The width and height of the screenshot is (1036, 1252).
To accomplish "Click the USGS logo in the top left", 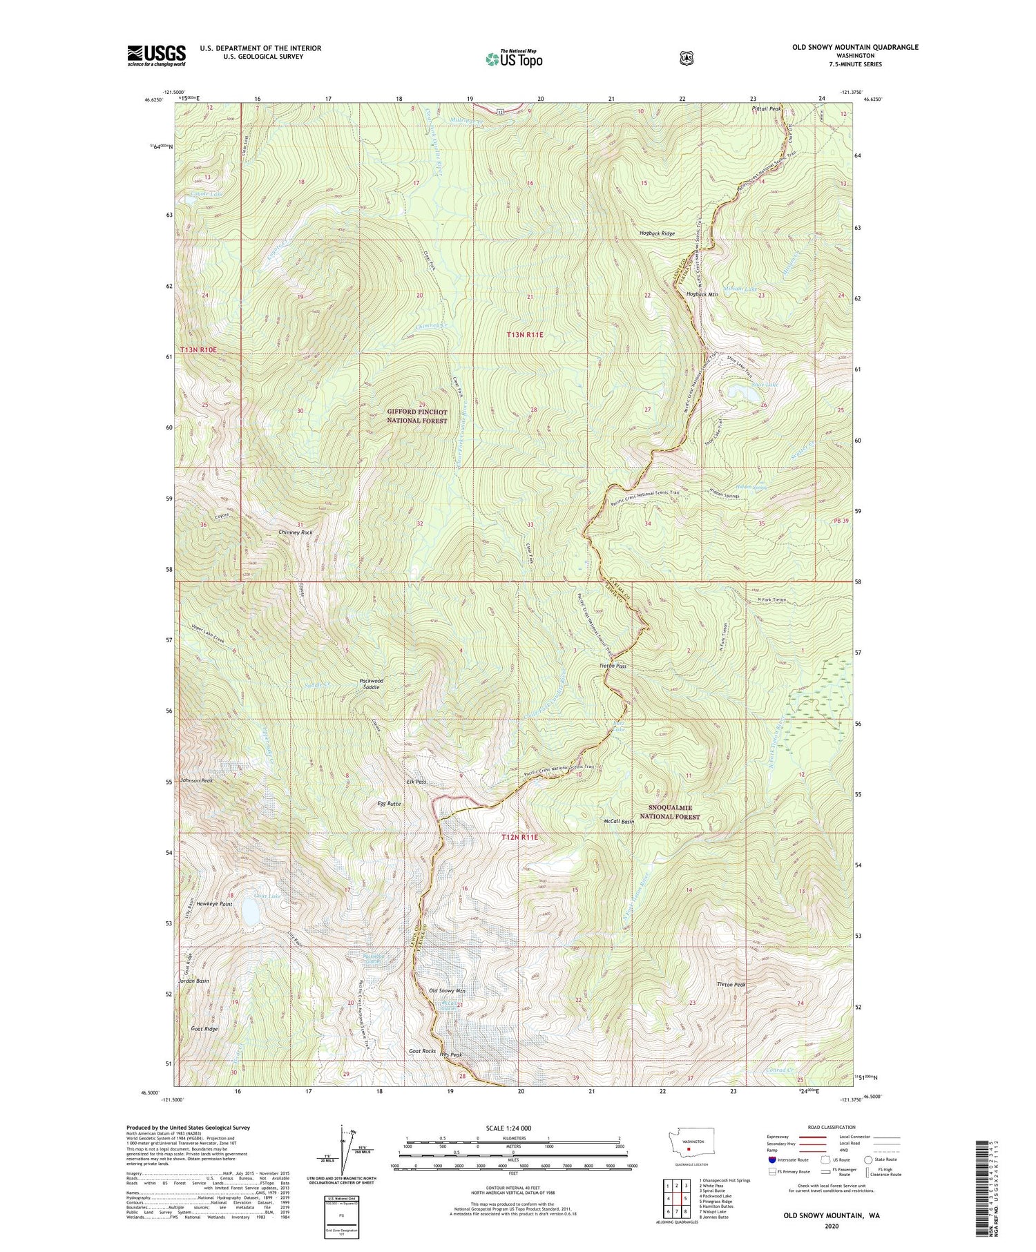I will point(156,55).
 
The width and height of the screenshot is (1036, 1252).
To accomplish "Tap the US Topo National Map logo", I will point(515,58).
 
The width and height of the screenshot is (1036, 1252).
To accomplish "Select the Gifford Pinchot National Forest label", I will point(416,416).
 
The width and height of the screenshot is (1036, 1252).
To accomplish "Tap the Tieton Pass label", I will point(613,666).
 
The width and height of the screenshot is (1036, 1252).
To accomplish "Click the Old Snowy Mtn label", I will point(448,991).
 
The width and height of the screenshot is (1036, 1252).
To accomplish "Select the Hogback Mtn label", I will point(702,295).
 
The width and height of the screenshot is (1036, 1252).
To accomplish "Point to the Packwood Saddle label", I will point(371,684).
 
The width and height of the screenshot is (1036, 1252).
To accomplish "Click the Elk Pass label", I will point(416,782).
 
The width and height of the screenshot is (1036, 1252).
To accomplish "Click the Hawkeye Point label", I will point(214,903).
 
